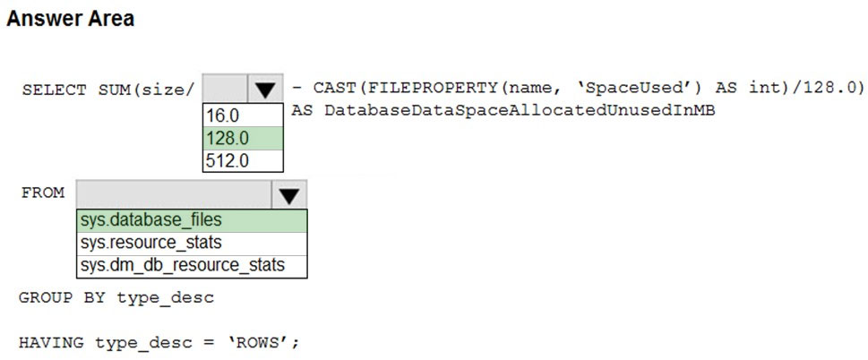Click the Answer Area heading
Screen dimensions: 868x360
click(70, 19)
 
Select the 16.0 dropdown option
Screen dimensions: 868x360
click(222, 116)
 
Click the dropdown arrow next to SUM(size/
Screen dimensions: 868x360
click(266, 89)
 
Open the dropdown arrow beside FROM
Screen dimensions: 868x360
click(289, 194)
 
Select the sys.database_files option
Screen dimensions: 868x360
click(151, 220)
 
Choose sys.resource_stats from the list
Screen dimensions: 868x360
click(151, 243)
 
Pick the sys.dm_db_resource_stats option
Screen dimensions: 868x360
click(183, 265)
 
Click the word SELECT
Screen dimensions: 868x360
click(55, 90)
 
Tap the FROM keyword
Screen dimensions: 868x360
click(43, 193)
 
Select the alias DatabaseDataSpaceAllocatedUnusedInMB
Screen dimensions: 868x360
click(520, 111)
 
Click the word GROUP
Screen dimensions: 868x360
click(46, 298)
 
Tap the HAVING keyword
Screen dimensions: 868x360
click(51, 343)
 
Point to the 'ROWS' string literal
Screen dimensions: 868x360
click(263, 343)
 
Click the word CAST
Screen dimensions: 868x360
click(334, 88)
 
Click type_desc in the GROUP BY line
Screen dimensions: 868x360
click(165, 298)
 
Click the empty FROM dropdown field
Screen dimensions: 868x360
click(174, 194)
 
